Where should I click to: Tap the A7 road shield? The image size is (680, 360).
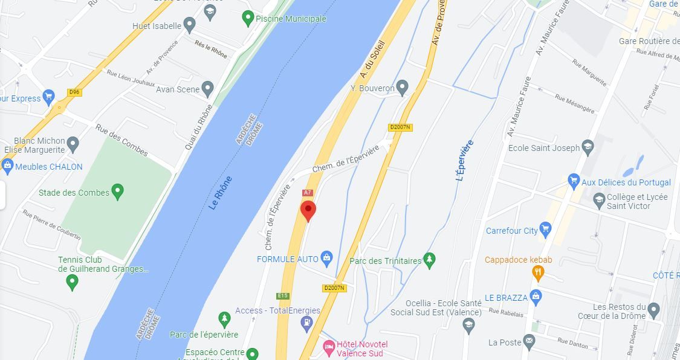pos(308,193)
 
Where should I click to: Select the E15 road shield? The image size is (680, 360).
pos(282,296)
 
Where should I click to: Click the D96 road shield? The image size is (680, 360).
pos(74,92)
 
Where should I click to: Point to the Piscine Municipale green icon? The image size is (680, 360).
pos(247,18)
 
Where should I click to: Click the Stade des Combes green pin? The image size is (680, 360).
pos(118,192)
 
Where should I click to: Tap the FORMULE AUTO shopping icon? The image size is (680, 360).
pos(326,259)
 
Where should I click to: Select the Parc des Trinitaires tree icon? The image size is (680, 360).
pos(430,260)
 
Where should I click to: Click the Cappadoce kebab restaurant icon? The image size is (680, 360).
pos(537,274)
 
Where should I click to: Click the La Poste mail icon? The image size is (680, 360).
pos(529,342)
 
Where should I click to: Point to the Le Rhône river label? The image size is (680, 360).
pos(220,193)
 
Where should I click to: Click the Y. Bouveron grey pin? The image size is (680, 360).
pos(403,88)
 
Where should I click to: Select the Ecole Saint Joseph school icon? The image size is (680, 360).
pos(588,147)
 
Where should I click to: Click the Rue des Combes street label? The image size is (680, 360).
pos(122,140)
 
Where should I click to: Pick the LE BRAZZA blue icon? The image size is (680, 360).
pos(536,297)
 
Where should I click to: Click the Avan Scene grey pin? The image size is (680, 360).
pos(208,89)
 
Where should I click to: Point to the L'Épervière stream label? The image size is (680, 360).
pos(464,161)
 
